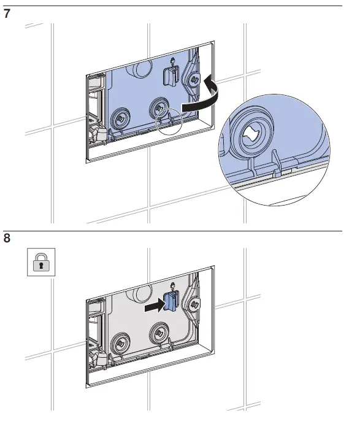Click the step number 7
pos(7,14)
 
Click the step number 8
pos(7,238)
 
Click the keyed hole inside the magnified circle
pos(254,133)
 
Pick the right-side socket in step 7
pos(195,79)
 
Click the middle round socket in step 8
pos(161,332)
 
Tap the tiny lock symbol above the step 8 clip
pos(174,285)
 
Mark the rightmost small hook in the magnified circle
pos(277,169)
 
